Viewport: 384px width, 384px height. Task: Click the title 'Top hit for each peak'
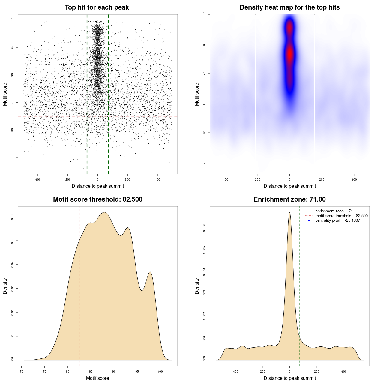click(x=97, y=7)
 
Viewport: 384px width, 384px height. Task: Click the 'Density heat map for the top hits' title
click(x=289, y=7)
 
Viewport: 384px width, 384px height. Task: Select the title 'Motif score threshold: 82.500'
click(x=97, y=199)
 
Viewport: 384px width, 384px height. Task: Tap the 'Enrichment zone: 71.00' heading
click(x=289, y=199)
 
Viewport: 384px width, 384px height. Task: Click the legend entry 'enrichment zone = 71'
click(x=334, y=211)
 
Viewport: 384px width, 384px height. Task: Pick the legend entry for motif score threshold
click(x=341, y=216)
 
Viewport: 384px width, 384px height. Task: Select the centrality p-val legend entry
click(x=337, y=220)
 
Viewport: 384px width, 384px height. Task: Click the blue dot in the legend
click(x=309, y=220)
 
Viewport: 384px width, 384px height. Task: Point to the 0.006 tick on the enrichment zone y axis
click(x=205, y=228)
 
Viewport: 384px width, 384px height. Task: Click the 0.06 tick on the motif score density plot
click(x=13, y=217)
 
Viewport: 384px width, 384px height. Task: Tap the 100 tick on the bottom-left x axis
click(x=160, y=371)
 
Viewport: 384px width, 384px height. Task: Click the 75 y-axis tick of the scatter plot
click(x=13, y=157)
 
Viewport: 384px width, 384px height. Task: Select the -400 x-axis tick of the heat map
click(x=225, y=179)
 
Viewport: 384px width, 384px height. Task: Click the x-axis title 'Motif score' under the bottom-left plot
click(x=97, y=378)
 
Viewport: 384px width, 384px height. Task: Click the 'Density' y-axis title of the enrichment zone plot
click(x=197, y=286)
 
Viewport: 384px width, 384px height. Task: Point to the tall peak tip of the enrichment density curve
click(x=289, y=213)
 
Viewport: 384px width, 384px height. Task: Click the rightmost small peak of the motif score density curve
click(x=150, y=272)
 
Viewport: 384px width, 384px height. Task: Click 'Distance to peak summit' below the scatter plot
click(x=98, y=186)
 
